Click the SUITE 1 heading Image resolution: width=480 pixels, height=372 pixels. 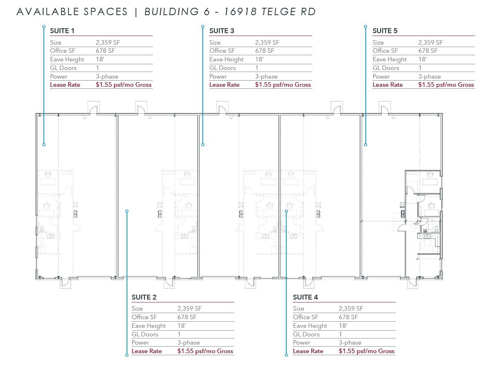click(62, 31)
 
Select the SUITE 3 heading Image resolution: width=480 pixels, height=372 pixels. click(222, 31)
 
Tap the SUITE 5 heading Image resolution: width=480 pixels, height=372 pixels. click(385, 31)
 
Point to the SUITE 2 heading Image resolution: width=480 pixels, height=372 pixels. click(144, 297)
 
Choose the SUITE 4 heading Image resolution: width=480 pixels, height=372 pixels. click(305, 297)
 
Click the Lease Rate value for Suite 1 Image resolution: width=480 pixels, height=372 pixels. click(124, 85)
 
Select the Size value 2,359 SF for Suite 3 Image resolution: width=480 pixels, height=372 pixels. click(267, 42)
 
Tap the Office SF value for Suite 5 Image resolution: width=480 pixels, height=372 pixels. click(428, 51)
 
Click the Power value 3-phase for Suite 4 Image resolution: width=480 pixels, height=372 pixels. click(350, 343)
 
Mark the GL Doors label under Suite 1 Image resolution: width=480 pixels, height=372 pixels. click(63, 68)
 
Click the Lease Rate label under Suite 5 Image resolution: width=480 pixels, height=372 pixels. click(387, 85)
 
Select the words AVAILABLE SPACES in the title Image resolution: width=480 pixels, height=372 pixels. click(72, 11)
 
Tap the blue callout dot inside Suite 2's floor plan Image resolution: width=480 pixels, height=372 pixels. click(127, 211)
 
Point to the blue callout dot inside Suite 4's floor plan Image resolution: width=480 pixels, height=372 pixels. click(286, 211)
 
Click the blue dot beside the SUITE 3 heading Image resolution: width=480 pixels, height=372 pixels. click(202, 27)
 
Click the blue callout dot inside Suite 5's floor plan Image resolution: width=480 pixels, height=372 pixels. click(365, 144)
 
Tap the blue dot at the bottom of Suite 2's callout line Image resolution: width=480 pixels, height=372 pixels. click(127, 355)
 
